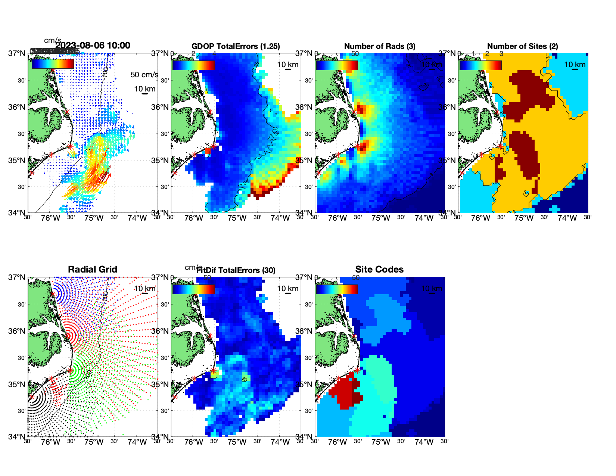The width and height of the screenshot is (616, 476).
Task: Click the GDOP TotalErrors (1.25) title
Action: pyautogui.click(x=236, y=46)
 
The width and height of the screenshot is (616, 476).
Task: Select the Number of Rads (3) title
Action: pyautogui.click(x=380, y=46)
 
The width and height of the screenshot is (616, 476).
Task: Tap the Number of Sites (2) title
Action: pyautogui.click(x=522, y=46)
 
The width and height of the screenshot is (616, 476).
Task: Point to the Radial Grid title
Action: pyautogui.click(x=93, y=270)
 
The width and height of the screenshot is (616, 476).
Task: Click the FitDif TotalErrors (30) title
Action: pyautogui.click(x=236, y=270)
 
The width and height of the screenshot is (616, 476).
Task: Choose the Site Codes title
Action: pyautogui.click(x=379, y=270)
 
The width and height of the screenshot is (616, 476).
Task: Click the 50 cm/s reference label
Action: pyautogui.click(x=144, y=75)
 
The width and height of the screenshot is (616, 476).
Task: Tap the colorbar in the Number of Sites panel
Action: pyautogui.click(x=480, y=65)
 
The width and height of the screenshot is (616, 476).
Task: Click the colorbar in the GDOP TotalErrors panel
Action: pyautogui.click(x=193, y=65)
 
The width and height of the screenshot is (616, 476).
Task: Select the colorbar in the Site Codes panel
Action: pyautogui.click(x=337, y=289)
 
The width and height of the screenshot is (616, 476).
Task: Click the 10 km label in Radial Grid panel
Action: pyautogui.click(x=145, y=289)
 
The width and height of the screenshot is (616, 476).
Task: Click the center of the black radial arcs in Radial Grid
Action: pyautogui.click(x=32, y=397)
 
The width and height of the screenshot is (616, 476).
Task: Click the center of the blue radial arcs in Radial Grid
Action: pyautogui.click(x=53, y=294)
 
